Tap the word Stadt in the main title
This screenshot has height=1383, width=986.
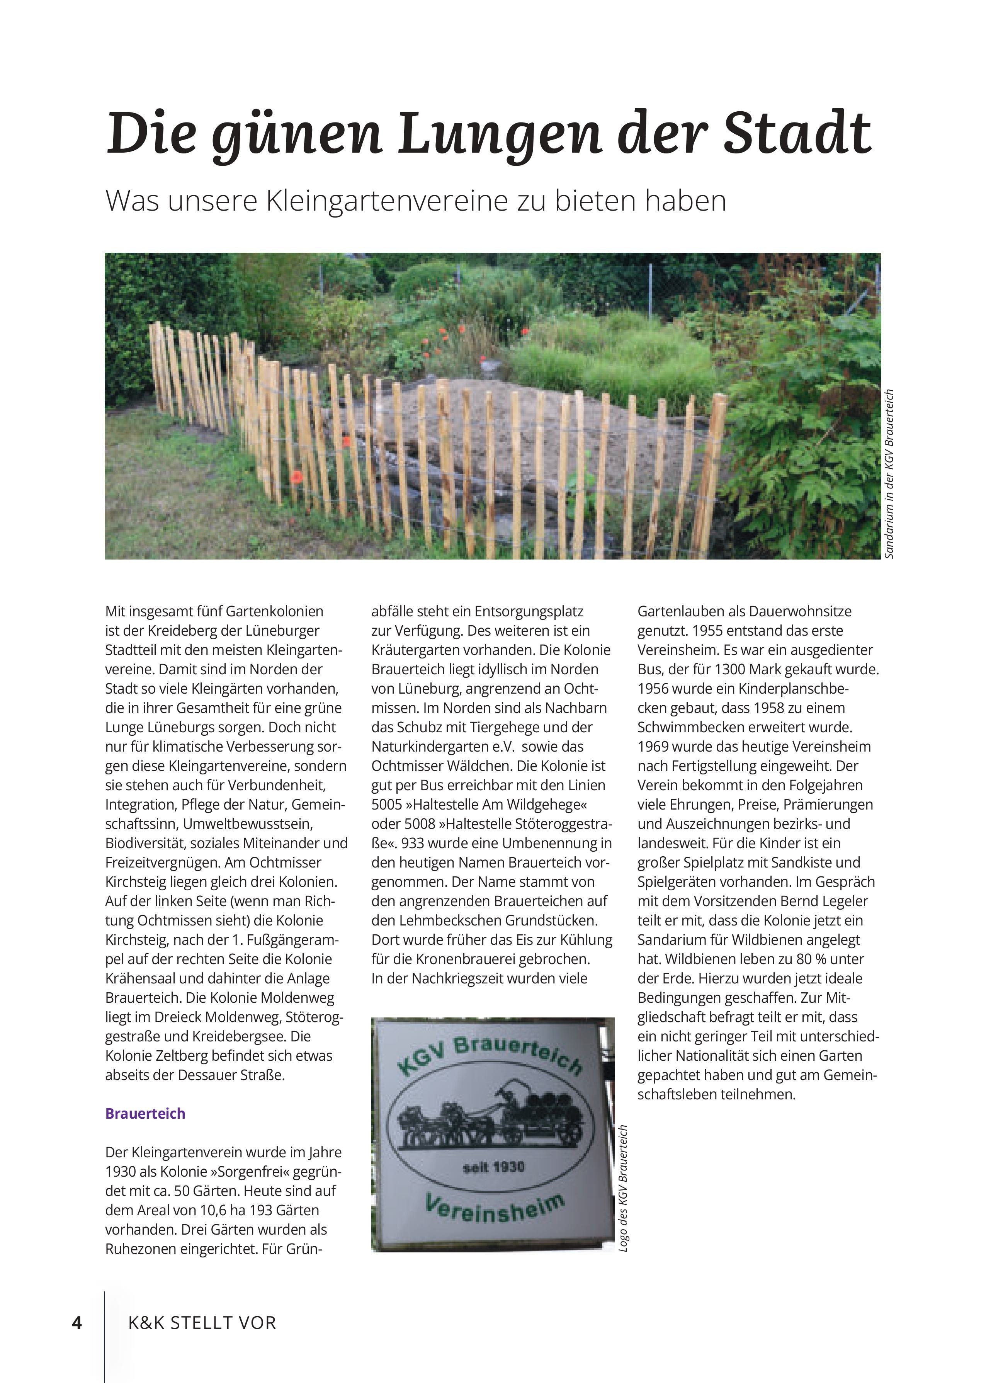pos(797,133)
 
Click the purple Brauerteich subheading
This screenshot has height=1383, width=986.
pos(145,1113)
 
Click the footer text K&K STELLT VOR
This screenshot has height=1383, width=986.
pos(202,1322)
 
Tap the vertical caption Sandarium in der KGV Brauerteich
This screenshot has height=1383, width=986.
pos(889,473)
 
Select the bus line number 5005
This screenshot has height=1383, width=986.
pos(388,805)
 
